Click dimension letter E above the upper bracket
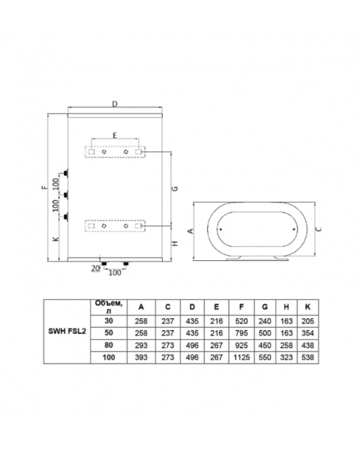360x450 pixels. (114, 135)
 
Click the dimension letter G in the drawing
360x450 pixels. (174, 190)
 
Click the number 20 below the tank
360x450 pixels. (95, 267)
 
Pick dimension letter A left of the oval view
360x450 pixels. (190, 232)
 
